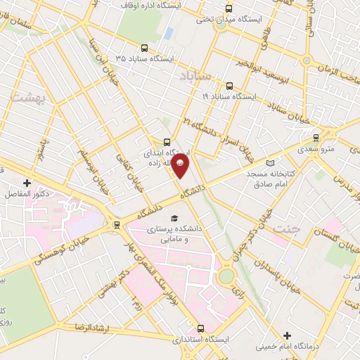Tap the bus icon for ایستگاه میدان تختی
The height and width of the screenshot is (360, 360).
(228, 9)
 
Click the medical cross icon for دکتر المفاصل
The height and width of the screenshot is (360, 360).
(27, 183)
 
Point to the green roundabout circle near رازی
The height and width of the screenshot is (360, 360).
(226, 277)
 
